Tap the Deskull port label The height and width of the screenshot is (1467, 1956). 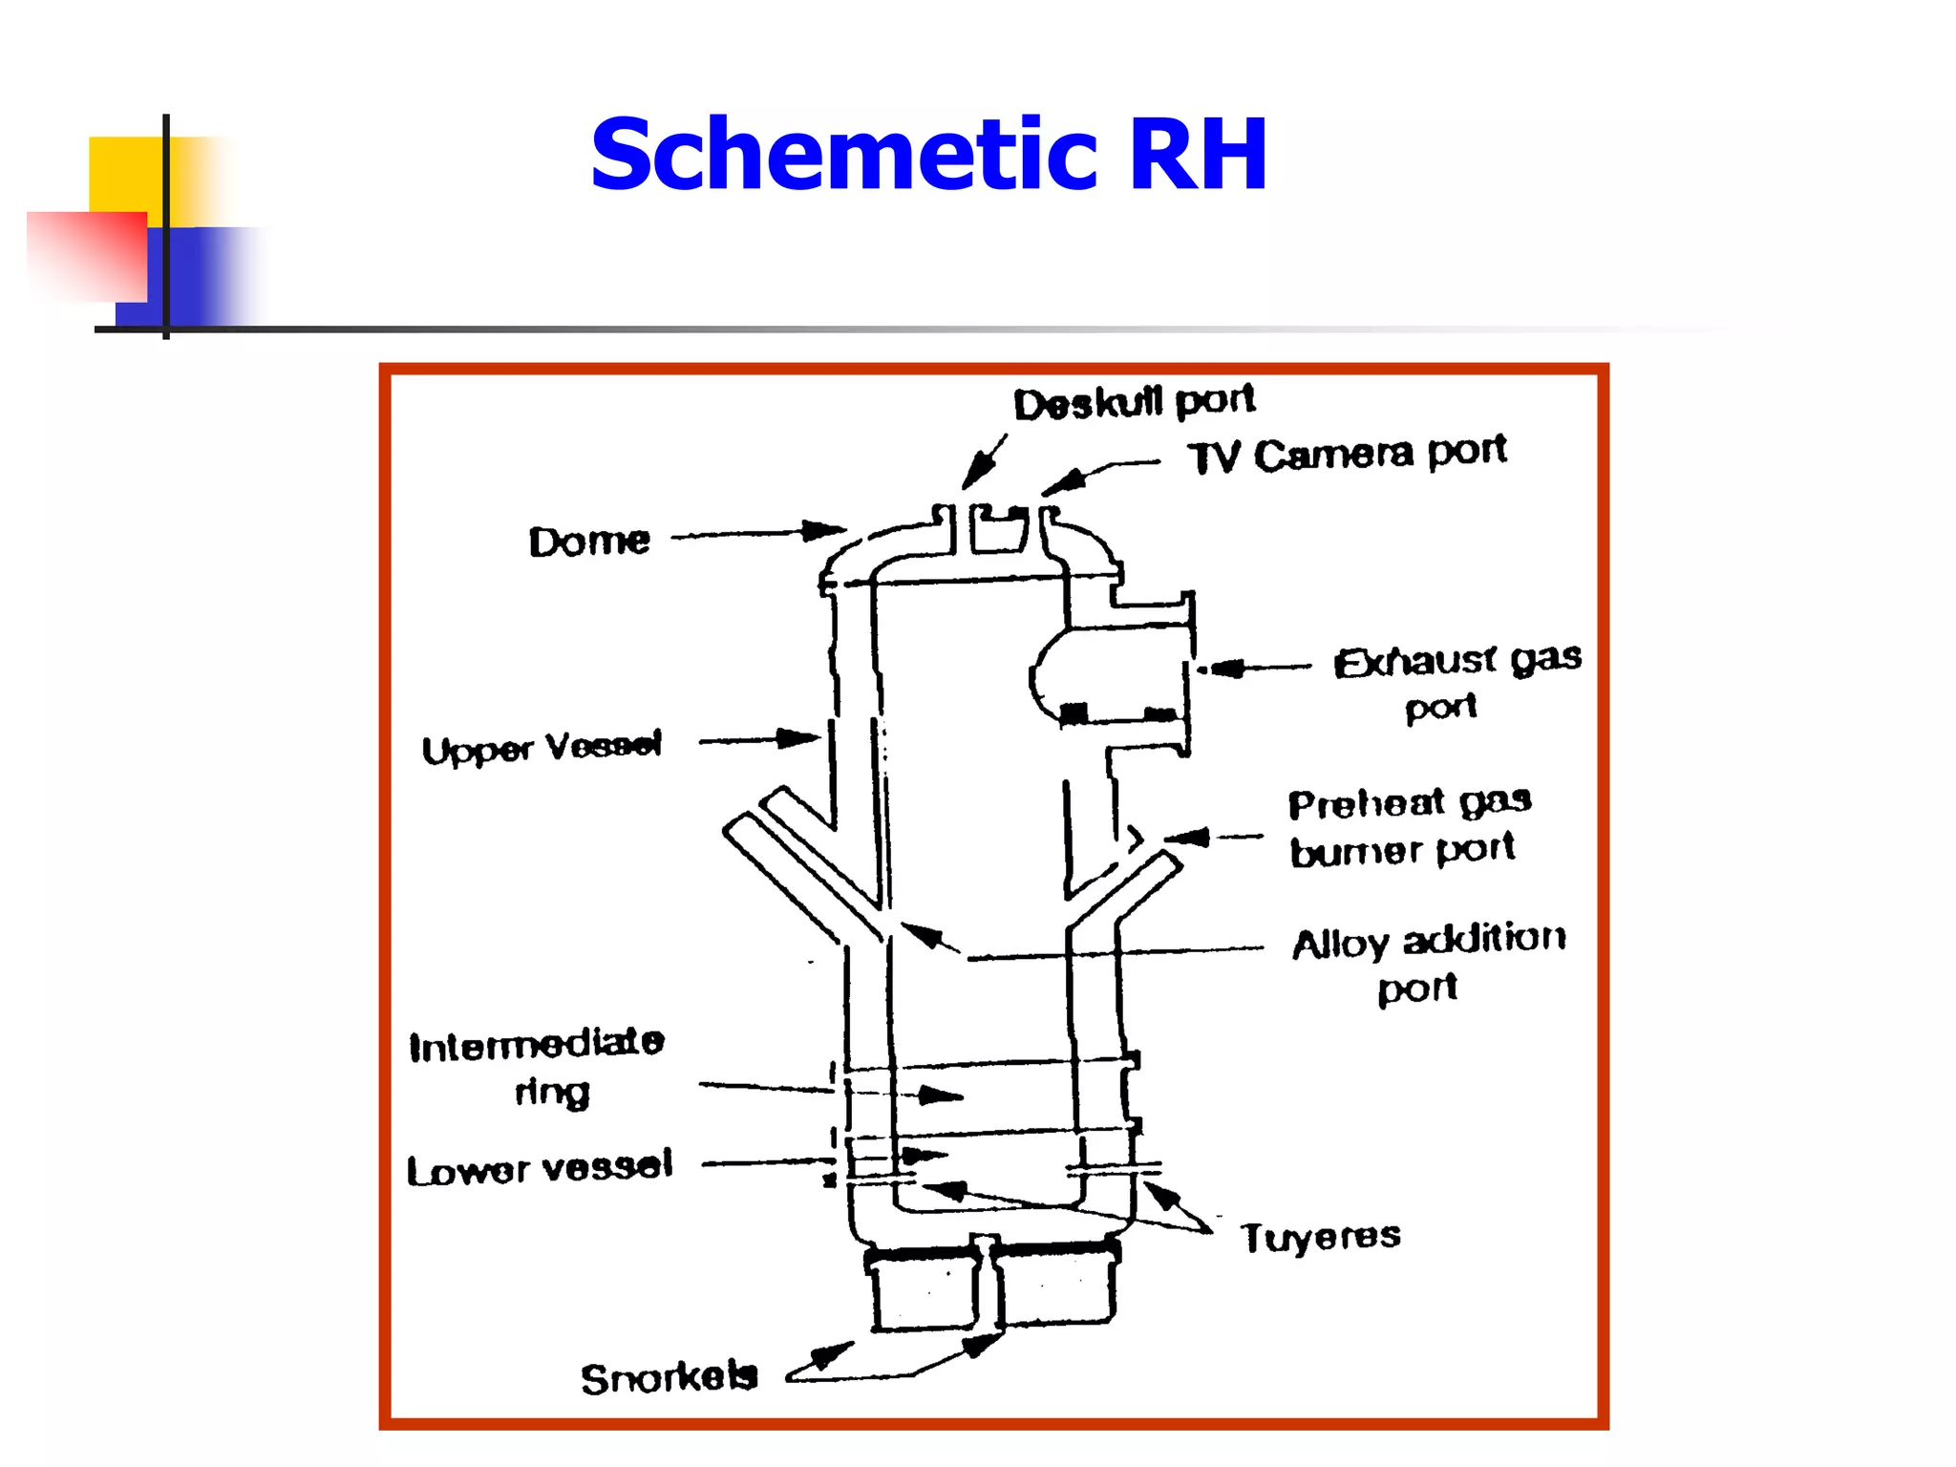pos(1134,402)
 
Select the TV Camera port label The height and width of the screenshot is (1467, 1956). pos(1347,454)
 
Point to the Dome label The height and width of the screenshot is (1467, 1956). pos(589,542)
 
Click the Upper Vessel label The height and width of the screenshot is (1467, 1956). pos(542,748)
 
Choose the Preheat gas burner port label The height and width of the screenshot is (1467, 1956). pos(1408,826)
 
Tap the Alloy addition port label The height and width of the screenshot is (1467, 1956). pos(1427,962)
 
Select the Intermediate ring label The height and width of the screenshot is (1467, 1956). pos(537,1066)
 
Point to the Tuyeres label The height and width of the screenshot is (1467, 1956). pos(1320,1237)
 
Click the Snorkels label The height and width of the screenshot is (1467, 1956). pos(669,1378)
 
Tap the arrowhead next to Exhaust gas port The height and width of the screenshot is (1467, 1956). pos(1226,668)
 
